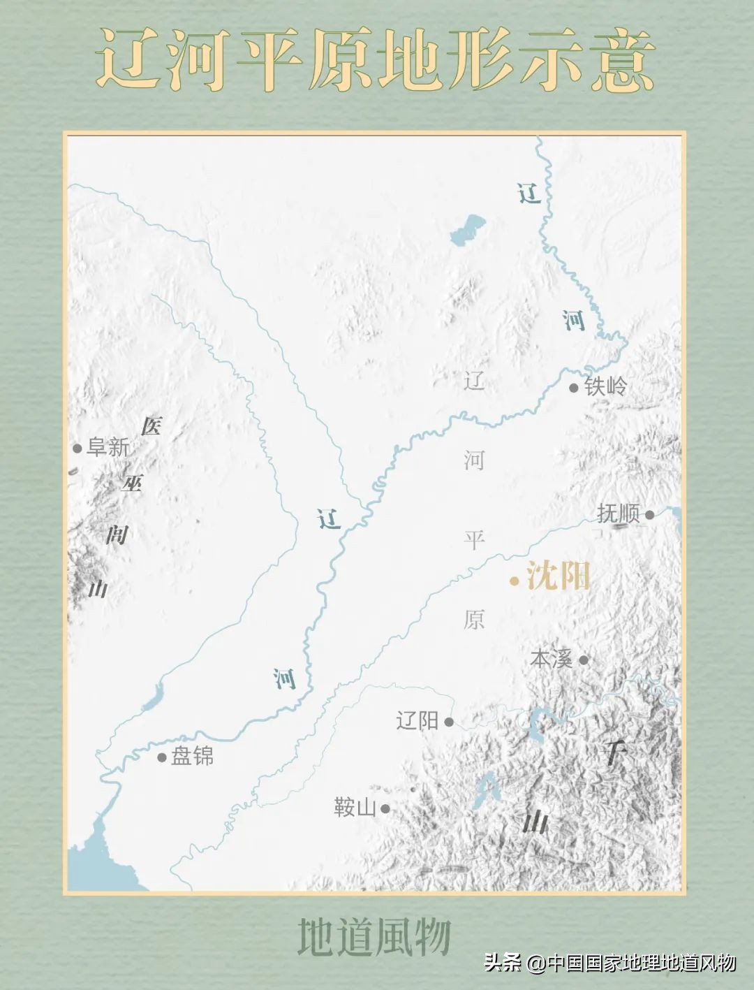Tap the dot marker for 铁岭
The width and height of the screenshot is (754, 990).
[574, 388]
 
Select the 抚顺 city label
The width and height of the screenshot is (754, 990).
[618, 514]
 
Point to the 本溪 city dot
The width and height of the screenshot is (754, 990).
[584, 660]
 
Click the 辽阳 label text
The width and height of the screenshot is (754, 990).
[417, 721]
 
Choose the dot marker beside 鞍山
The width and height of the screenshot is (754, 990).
[385, 809]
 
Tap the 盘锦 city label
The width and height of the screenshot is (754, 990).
[192, 756]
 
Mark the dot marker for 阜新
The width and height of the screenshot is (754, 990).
[77, 449]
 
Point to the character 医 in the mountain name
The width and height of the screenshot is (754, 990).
[151, 425]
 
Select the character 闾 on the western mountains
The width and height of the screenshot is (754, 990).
[117, 534]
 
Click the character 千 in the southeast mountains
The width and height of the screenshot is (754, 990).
[614, 752]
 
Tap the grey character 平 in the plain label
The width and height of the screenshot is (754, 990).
[474, 539]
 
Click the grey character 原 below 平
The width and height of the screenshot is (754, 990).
[474, 619]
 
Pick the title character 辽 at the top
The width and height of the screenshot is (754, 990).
[129, 59]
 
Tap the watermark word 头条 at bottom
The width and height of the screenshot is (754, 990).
[503, 963]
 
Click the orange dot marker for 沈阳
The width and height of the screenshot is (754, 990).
[515, 581]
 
